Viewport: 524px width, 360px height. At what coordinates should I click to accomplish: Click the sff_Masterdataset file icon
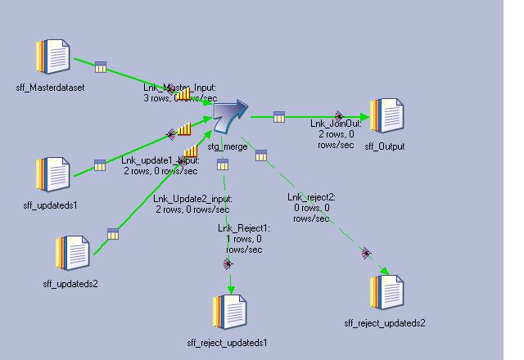point(53,57)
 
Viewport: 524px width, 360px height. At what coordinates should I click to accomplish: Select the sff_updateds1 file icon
point(53,174)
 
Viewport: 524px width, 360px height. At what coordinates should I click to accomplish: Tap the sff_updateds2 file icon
point(73,254)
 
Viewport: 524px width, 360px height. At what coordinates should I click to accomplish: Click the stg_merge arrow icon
point(230,118)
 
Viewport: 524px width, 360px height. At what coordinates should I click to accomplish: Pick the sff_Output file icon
point(387,116)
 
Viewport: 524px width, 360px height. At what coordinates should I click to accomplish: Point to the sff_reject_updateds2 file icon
point(386,292)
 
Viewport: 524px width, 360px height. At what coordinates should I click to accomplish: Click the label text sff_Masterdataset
point(50,88)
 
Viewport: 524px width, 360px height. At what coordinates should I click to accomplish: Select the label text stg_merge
point(228,147)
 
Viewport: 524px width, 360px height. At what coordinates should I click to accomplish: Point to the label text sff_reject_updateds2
point(385,323)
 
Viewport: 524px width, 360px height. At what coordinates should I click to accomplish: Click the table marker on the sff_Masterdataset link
point(101,67)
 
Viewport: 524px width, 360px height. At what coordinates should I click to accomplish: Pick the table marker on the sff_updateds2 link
point(113,234)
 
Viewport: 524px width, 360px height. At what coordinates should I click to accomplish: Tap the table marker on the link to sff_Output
point(279,117)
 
